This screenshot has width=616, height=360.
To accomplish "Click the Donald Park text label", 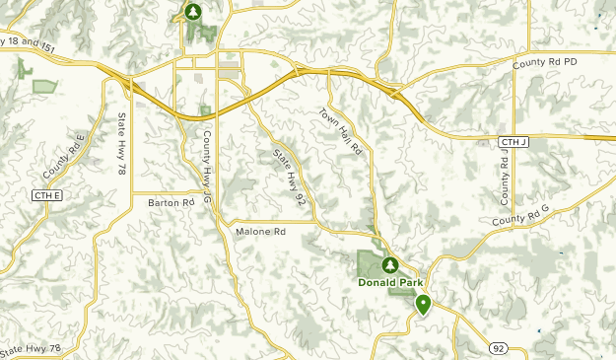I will coord(389,280).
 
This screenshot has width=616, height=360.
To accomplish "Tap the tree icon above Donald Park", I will coord(389,264).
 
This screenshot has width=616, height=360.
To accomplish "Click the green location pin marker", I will coord(423,304).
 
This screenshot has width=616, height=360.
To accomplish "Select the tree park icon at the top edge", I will coord(193,12).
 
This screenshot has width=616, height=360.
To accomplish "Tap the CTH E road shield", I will coord(46,196).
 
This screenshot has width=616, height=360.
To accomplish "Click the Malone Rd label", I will coord(260,232).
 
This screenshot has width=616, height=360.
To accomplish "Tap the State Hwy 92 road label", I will coord(288,177).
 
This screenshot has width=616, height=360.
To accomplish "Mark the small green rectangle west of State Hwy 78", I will coord(44,87).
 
